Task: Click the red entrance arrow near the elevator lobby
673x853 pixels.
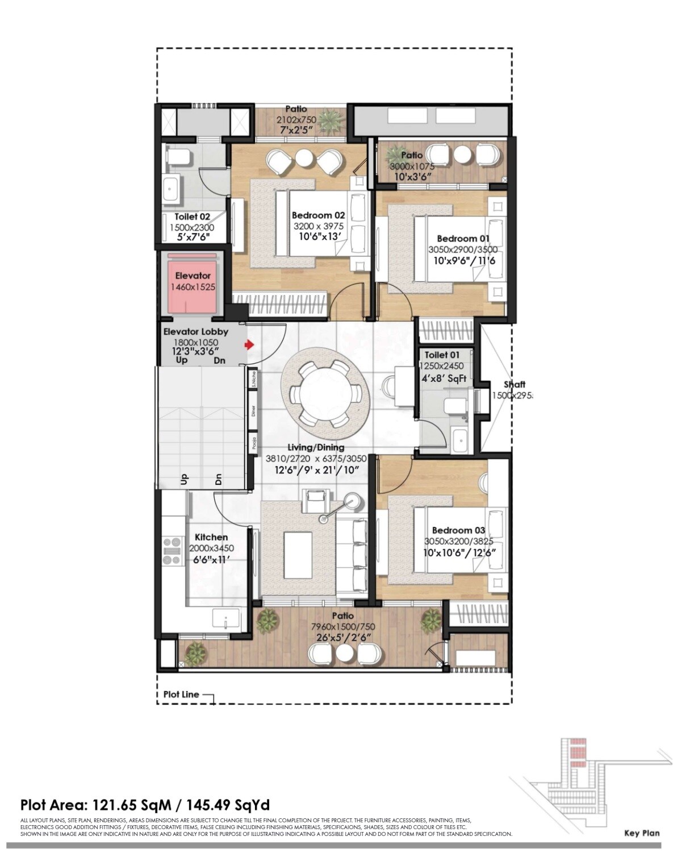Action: coord(249,345)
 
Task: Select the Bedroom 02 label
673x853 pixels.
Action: coord(318,215)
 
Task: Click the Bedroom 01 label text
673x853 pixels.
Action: coord(462,239)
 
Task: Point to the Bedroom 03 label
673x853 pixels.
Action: coord(458,530)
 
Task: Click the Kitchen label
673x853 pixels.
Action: coord(211,537)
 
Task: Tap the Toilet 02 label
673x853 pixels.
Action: coord(192,217)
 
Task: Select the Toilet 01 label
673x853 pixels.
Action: coord(442,355)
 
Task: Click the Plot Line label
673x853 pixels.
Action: coord(181,694)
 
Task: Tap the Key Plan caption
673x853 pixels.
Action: coord(642,833)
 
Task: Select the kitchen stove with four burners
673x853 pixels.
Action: coord(172,551)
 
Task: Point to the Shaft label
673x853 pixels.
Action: coord(514,385)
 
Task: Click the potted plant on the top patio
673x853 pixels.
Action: coord(328,120)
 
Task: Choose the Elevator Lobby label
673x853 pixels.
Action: coord(195,331)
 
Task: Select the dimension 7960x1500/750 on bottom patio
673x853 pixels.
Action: coord(343,626)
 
